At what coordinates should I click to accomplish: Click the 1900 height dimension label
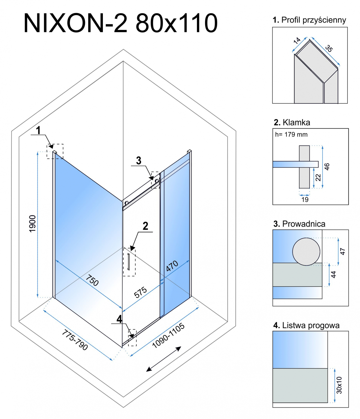[32, 223]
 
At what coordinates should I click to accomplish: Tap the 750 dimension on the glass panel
[92, 280]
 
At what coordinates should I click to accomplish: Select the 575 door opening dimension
[140, 293]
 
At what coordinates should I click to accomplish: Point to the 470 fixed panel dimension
[172, 266]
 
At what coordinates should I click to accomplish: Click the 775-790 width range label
[75, 340]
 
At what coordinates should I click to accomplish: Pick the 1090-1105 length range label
[168, 336]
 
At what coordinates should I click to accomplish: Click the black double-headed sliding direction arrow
[164, 359]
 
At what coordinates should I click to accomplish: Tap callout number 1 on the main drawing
[38, 130]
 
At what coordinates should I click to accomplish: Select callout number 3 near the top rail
[139, 161]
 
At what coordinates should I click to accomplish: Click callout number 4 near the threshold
[119, 319]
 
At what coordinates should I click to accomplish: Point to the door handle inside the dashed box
[129, 261]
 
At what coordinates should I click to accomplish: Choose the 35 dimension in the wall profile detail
[329, 48]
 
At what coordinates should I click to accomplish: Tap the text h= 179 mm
[291, 135]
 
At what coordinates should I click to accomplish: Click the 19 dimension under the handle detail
[305, 200]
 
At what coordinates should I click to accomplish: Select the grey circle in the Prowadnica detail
[306, 252]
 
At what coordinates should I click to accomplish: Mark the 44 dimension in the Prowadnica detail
[333, 274]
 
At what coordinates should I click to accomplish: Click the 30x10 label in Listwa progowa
[339, 385]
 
